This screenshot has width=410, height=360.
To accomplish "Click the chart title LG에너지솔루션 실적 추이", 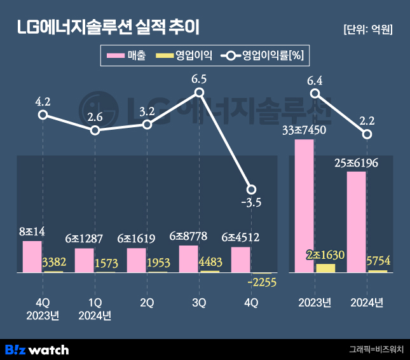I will point(108,27).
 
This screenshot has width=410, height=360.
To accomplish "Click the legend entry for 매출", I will point(127,56).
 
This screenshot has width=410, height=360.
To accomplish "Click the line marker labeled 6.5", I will point(199,93).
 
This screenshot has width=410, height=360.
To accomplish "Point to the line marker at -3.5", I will point(251,190).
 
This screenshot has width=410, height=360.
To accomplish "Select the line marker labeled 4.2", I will point(43,114).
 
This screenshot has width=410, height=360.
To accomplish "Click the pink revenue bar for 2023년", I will point(304,205).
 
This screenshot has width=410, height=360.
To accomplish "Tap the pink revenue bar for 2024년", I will point(357,222).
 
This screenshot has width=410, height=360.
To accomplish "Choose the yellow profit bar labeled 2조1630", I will point(325,268).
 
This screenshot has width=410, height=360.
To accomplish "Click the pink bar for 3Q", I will point(189,259).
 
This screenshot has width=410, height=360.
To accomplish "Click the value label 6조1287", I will point(85,239).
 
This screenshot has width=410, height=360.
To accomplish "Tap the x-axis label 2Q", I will point(147,303).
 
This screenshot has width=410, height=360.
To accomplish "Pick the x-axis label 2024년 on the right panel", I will point(367,303).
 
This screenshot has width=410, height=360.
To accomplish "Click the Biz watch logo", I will point(37,349).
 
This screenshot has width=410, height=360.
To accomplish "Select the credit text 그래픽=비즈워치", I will point(376,349).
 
